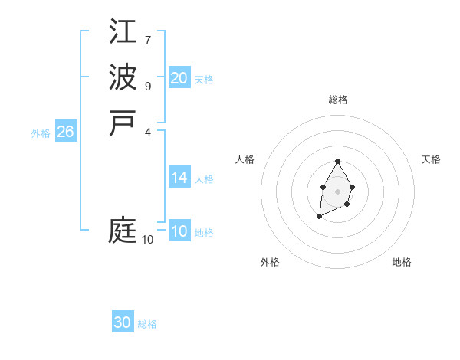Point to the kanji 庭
[123, 231]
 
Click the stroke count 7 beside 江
[148, 39]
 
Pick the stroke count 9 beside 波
[148, 86]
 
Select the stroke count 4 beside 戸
[148, 132]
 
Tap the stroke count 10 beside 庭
[148, 240]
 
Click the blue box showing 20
[179, 78]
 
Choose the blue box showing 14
[179, 178]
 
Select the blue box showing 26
[66, 132]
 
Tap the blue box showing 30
[123, 323]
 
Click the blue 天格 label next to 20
[204, 80]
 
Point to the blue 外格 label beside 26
[41, 133]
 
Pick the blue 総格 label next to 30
[147, 325]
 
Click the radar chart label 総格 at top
[338, 100]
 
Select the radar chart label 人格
[245, 159]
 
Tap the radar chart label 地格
[402, 262]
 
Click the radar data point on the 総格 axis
[337, 162]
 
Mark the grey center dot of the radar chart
[337, 191]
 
